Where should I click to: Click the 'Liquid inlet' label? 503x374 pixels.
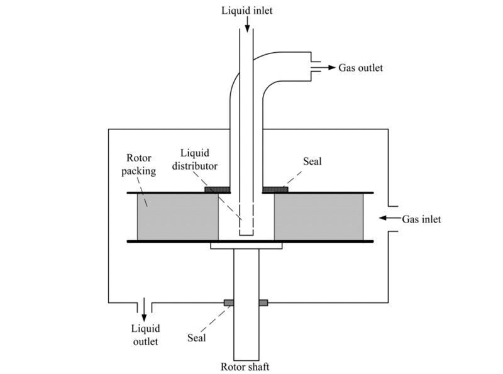[x=246, y=10]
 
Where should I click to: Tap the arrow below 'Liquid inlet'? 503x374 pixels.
[x=247, y=25]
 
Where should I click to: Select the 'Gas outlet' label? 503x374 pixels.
[x=360, y=67]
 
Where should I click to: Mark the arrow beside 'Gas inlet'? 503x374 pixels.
[x=390, y=219]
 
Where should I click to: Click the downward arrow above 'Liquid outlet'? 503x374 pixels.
[x=144, y=308]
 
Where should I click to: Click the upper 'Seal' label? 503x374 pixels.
[x=312, y=162]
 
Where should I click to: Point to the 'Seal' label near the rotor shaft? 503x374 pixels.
[x=197, y=338]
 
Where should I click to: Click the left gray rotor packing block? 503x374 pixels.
[x=177, y=217]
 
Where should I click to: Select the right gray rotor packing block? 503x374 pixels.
[x=318, y=217]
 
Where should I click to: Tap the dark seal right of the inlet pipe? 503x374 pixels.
[x=275, y=189]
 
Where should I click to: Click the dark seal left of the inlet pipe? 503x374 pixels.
[x=218, y=189]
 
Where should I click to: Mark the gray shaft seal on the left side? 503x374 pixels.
[x=229, y=303]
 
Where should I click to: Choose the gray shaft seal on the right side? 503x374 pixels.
[x=263, y=303]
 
